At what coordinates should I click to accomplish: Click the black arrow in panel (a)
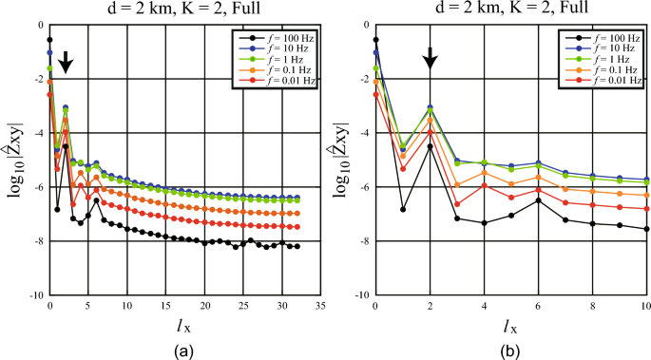coord(65,63)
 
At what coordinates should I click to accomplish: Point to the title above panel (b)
coord(513,10)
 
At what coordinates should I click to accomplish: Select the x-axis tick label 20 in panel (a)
coord(204,308)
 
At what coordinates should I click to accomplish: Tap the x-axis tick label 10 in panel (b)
coord(647,308)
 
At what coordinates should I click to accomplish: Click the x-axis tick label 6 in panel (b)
coord(539,308)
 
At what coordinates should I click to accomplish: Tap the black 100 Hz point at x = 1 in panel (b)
coord(403,209)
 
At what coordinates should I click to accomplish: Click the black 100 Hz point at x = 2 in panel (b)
coord(430,146)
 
